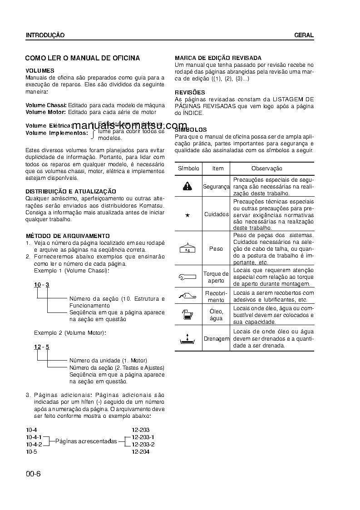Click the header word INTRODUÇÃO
45,35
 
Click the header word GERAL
304,35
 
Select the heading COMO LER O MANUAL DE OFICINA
82,58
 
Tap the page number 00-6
33,474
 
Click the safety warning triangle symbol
188,186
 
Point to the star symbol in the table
187,215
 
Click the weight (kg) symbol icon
188,248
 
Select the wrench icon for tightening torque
188,277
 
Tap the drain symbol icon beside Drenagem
188,338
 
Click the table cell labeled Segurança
216,186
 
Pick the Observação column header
266,168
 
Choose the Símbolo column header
188,168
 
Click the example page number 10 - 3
41,285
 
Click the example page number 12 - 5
41,347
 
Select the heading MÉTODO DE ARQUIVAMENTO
67,236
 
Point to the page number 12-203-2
143,444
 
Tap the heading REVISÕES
190,93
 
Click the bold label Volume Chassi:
46,105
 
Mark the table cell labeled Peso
216,249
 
